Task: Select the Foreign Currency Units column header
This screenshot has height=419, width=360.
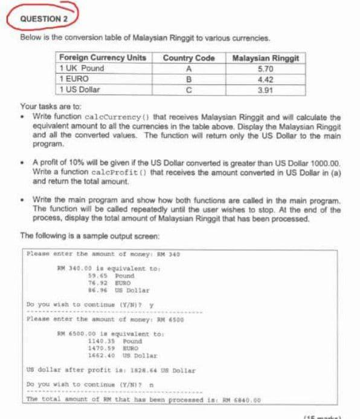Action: click(x=102, y=58)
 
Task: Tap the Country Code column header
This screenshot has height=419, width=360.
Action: click(x=188, y=58)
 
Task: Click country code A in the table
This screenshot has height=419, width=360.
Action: click(x=188, y=68)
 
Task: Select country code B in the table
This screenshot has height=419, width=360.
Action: click(x=188, y=78)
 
